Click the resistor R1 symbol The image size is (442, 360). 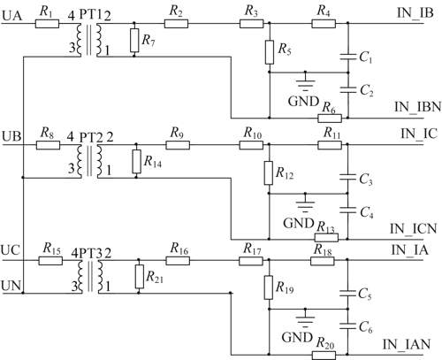[x=47, y=24]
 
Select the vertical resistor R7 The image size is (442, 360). [x=134, y=41]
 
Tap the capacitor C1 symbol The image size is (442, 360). [x=348, y=57]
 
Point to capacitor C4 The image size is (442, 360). [x=348, y=210]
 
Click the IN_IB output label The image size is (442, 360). [x=415, y=12]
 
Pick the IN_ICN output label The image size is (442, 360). [x=413, y=229]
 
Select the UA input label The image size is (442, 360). [x=12, y=15]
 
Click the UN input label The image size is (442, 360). [x=11, y=286]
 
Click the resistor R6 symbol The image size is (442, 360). [x=330, y=119]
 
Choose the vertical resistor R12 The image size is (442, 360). [x=269, y=173]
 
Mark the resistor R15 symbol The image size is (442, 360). [x=50, y=261]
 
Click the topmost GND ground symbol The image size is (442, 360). [x=306, y=83]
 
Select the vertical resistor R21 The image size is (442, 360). [x=140, y=276]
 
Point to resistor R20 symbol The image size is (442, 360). [x=324, y=356]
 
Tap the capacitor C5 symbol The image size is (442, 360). [x=348, y=293]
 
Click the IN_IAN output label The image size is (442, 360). [x=407, y=344]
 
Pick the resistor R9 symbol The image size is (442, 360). [x=178, y=145]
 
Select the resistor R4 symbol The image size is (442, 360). [x=324, y=24]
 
